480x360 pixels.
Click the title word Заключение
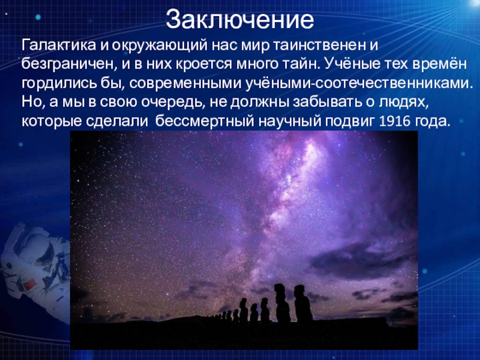pos(240,20)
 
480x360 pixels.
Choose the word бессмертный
pos(205,122)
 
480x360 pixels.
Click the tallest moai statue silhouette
pos(281,303)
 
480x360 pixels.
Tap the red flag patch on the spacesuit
pos(30,284)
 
